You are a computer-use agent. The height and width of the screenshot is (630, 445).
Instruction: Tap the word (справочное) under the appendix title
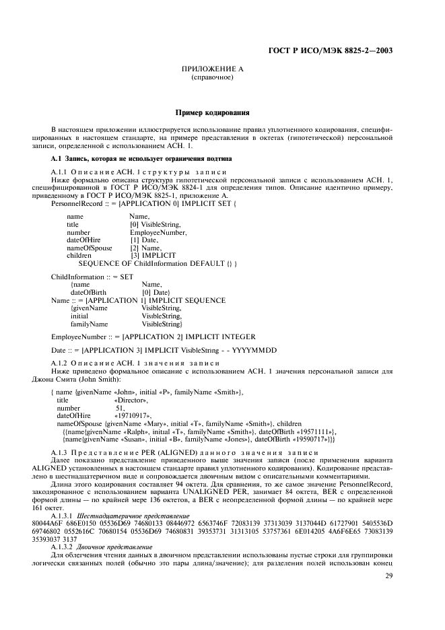coord(212,77)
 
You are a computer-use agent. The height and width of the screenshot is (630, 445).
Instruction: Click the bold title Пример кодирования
coord(212,113)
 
